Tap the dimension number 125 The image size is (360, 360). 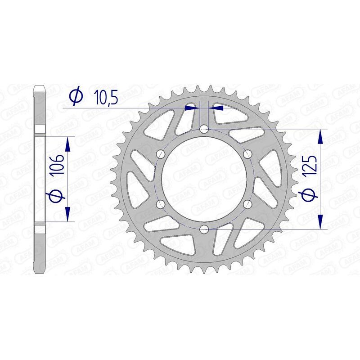[x=312, y=166]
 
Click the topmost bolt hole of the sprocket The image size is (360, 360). [x=204, y=130]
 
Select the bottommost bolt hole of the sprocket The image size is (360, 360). [x=204, y=230]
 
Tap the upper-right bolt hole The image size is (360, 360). [x=247, y=154]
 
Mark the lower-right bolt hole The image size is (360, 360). [x=247, y=205]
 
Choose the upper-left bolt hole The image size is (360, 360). [x=160, y=154]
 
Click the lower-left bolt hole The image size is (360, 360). [x=160, y=205]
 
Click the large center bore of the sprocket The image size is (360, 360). [x=204, y=180]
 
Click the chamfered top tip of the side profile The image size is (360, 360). [x=40, y=86]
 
